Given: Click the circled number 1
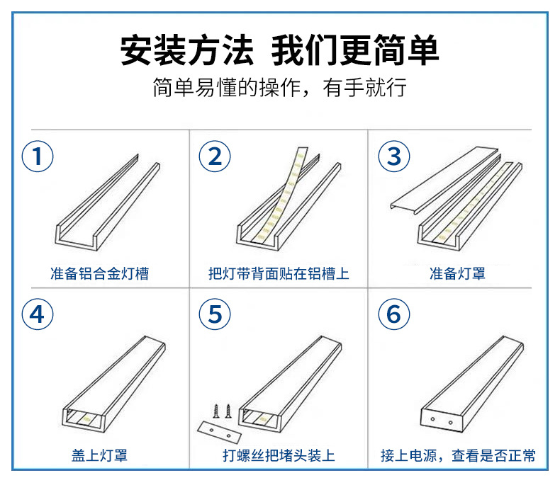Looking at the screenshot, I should click(x=38, y=156).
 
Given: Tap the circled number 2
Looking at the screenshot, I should click(x=215, y=156).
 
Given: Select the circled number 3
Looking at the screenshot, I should click(x=394, y=156).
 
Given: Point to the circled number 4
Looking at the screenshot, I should click(x=38, y=314).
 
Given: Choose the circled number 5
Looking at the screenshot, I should click(x=215, y=314).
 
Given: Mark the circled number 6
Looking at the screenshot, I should click(x=394, y=314).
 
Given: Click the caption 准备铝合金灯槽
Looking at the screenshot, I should click(x=100, y=273).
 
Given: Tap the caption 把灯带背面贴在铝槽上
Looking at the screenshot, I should click(x=279, y=273).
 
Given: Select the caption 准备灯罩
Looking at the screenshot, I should click(x=457, y=273).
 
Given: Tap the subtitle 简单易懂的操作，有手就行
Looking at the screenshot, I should click(x=279, y=89).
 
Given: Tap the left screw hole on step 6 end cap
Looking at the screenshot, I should click(x=432, y=422).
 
